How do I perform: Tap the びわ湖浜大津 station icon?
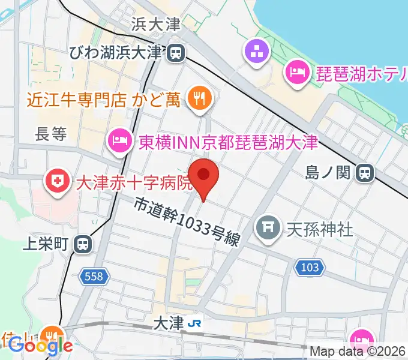pos(176,53)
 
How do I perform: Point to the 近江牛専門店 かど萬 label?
pos(103,98)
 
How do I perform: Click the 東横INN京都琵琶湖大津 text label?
pos(227,142)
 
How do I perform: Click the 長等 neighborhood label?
pos(50,134)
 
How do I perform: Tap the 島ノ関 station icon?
pos(364,173)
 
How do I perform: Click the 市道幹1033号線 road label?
pos(187,223)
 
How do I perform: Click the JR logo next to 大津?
pos(194,323)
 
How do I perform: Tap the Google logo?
pos(41,346)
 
